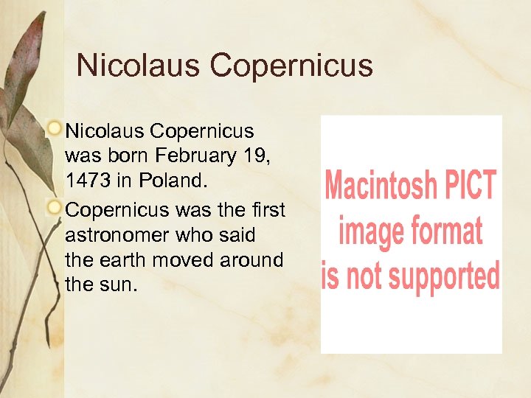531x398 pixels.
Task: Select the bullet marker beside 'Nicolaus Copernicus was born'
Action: point(54,129)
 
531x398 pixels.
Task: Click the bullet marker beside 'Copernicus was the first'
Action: point(54,208)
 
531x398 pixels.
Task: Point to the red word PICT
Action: point(471,185)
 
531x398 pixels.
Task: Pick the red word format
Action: point(445,231)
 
